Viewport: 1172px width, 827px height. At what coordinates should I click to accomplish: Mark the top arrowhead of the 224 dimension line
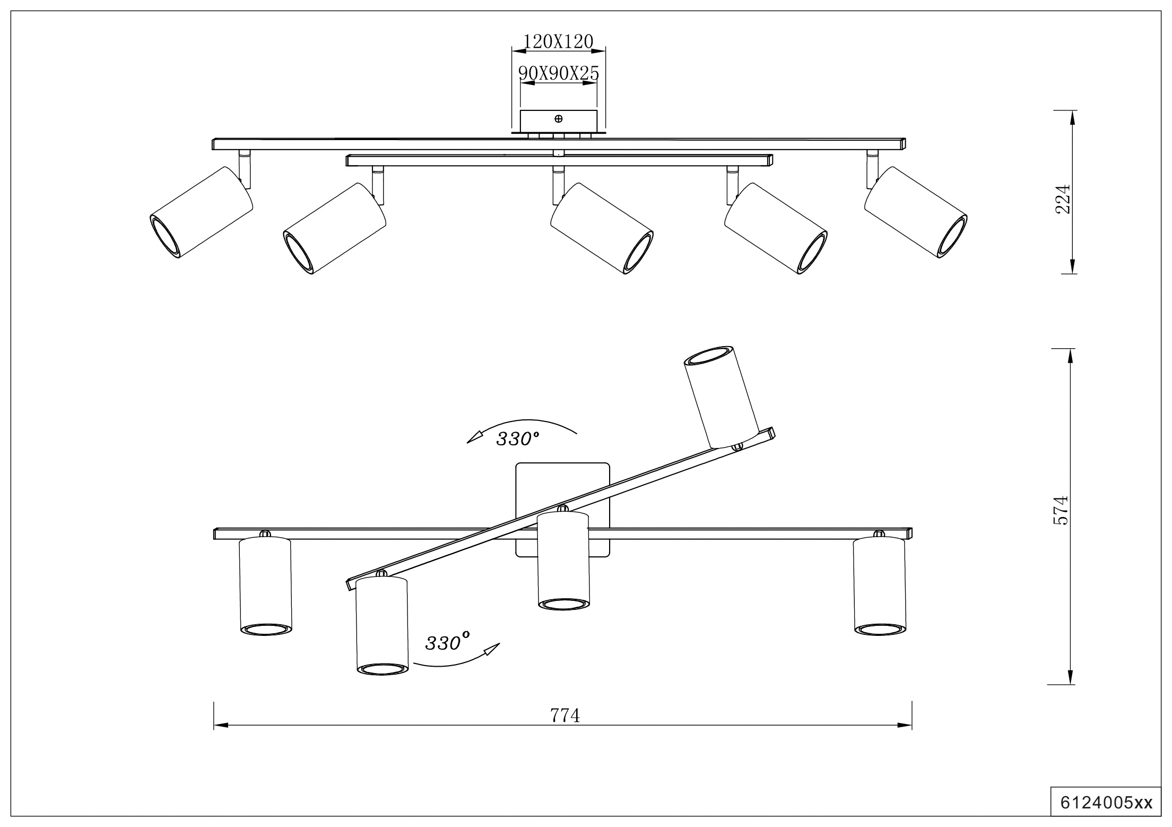(x=1072, y=117)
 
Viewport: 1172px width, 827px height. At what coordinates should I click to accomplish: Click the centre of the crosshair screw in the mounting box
(x=558, y=119)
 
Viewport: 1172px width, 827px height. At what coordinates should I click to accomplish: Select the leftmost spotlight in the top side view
(x=201, y=212)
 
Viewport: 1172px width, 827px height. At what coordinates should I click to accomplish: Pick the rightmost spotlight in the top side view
(x=916, y=212)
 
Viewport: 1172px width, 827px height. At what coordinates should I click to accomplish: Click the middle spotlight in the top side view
(x=602, y=229)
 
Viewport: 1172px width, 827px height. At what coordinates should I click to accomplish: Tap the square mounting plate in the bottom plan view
(x=563, y=510)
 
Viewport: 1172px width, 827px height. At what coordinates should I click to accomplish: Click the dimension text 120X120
(x=558, y=41)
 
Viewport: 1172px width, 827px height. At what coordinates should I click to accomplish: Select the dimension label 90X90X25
(x=559, y=73)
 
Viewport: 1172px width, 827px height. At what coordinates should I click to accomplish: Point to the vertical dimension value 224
(x=1062, y=199)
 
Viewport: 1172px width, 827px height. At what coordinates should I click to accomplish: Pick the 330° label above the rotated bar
(x=517, y=438)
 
